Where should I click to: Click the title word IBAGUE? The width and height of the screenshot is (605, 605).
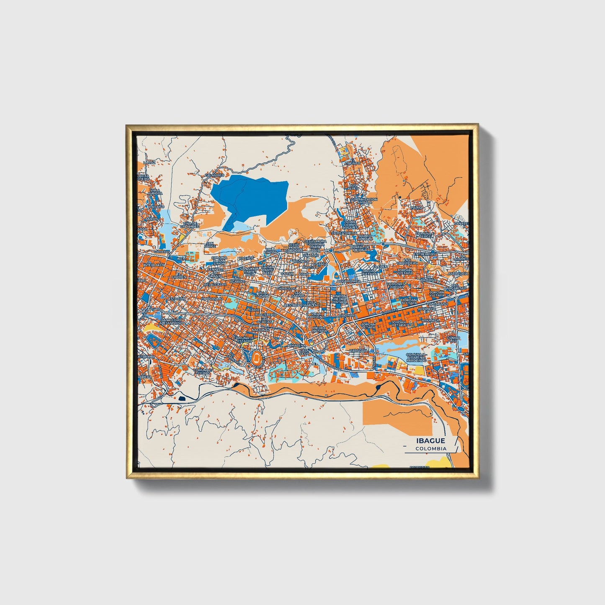(x=431, y=441)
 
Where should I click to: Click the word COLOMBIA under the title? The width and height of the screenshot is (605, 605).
(x=431, y=448)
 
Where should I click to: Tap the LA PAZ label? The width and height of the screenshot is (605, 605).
(x=149, y=162)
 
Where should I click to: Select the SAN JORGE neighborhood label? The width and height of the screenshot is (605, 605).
(x=210, y=245)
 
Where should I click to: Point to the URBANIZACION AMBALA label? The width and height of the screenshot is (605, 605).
(x=364, y=201)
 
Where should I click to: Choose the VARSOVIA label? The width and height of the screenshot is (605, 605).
(x=359, y=350)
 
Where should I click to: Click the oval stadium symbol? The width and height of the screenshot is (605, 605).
(x=256, y=357)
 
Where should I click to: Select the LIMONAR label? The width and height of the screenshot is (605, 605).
(x=347, y=314)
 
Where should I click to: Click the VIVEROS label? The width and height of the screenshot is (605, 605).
(x=246, y=258)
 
